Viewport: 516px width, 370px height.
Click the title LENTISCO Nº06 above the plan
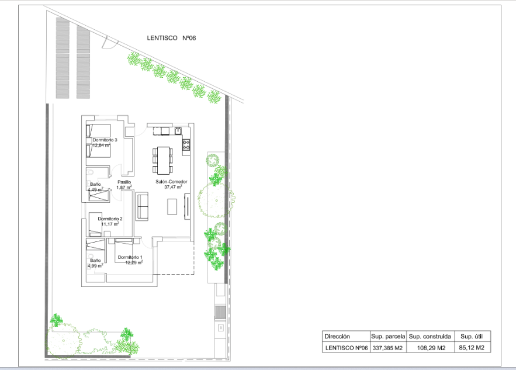click(171, 38)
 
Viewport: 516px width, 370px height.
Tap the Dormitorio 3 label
click(105, 140)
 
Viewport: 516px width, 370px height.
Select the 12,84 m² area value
click(102, 145)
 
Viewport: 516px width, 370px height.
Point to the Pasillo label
click(124, 182)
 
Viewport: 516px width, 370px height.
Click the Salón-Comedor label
click(171, 182)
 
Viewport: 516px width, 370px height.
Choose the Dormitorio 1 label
click(130, 257)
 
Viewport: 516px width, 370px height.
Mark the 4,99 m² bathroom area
click(95, 265)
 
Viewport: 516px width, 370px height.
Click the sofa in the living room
click(143, 206)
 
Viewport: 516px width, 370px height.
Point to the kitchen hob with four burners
click(186, 144)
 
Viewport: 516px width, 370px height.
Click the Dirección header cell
click(337, 337)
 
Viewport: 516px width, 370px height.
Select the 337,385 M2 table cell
click(387, 348)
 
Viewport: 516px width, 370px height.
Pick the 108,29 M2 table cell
click(430, 348)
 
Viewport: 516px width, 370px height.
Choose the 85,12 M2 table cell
click(473, 348)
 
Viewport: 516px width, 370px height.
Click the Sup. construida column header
click(430, 337)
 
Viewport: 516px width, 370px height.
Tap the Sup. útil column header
click(473, 337)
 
